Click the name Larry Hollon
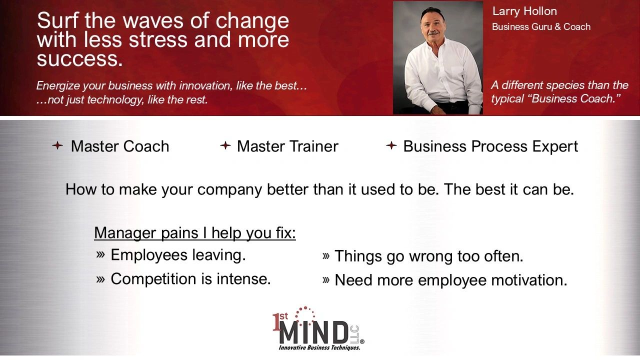click(x=524, y=11)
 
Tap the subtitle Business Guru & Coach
click(x=541, y=27)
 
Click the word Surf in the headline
click(x=58, y=20)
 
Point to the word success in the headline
click(x=79, y=59)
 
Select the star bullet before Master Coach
click(x=57, y=145)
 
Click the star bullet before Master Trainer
click(x=225, y=145)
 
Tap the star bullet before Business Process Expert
click(x=391, y=145)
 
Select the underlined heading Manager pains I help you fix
click(x=195, y=233)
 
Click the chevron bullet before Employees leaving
click(x=100, y=254)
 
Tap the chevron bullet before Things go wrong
click(x=325, y=255)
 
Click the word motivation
click(x=529, y=280)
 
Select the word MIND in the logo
click(x=313, y=332)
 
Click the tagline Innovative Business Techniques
click(x=319, y=348)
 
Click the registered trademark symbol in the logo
click(x=362, y=341)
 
